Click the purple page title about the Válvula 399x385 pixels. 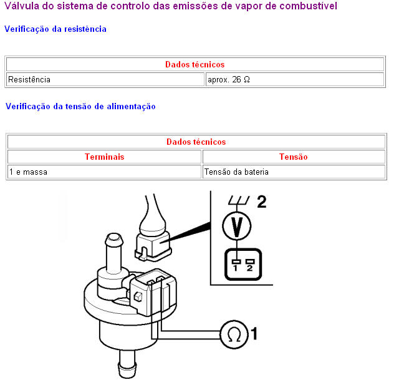(171, 6)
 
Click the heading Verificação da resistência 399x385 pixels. (55, 29)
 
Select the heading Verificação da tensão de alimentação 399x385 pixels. (80, 106)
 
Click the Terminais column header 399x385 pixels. (104, 157)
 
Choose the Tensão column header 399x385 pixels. (294, 157)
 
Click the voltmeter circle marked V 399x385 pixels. (237, 226)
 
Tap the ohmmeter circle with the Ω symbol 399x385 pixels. (234, 334)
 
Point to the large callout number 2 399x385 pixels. (262, 202)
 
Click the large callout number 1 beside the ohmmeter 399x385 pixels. (254, 334)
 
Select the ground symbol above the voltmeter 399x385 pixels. (239, 200)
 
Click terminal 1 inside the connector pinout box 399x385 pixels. (236, 265)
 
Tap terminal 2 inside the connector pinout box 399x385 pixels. (250, 265)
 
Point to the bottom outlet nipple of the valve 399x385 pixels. (127, 364)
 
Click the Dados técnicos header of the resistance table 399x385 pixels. (195, 64)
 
